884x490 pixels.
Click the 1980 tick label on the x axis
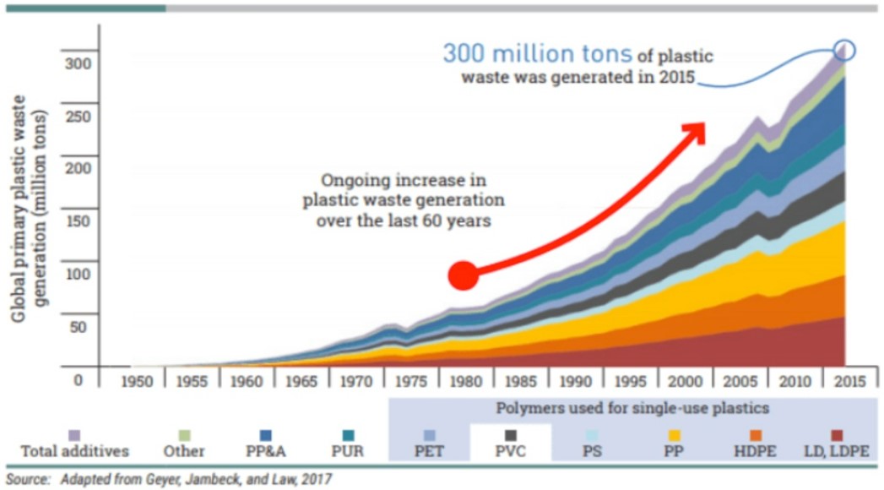(x=465, y=381)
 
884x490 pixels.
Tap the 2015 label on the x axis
(x=848, y=381)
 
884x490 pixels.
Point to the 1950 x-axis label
(x=138, y=381)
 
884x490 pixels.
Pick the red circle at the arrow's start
(x=463, y=275)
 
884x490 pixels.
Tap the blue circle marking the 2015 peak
(x=845, y=51)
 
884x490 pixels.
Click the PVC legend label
(x=510, y=451)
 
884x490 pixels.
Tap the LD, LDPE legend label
(x=837, y=451)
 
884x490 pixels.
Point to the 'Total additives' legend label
(x=74, y=451)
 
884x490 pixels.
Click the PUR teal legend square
(x=348, y=435)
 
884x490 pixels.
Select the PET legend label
(x=429, y=451)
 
